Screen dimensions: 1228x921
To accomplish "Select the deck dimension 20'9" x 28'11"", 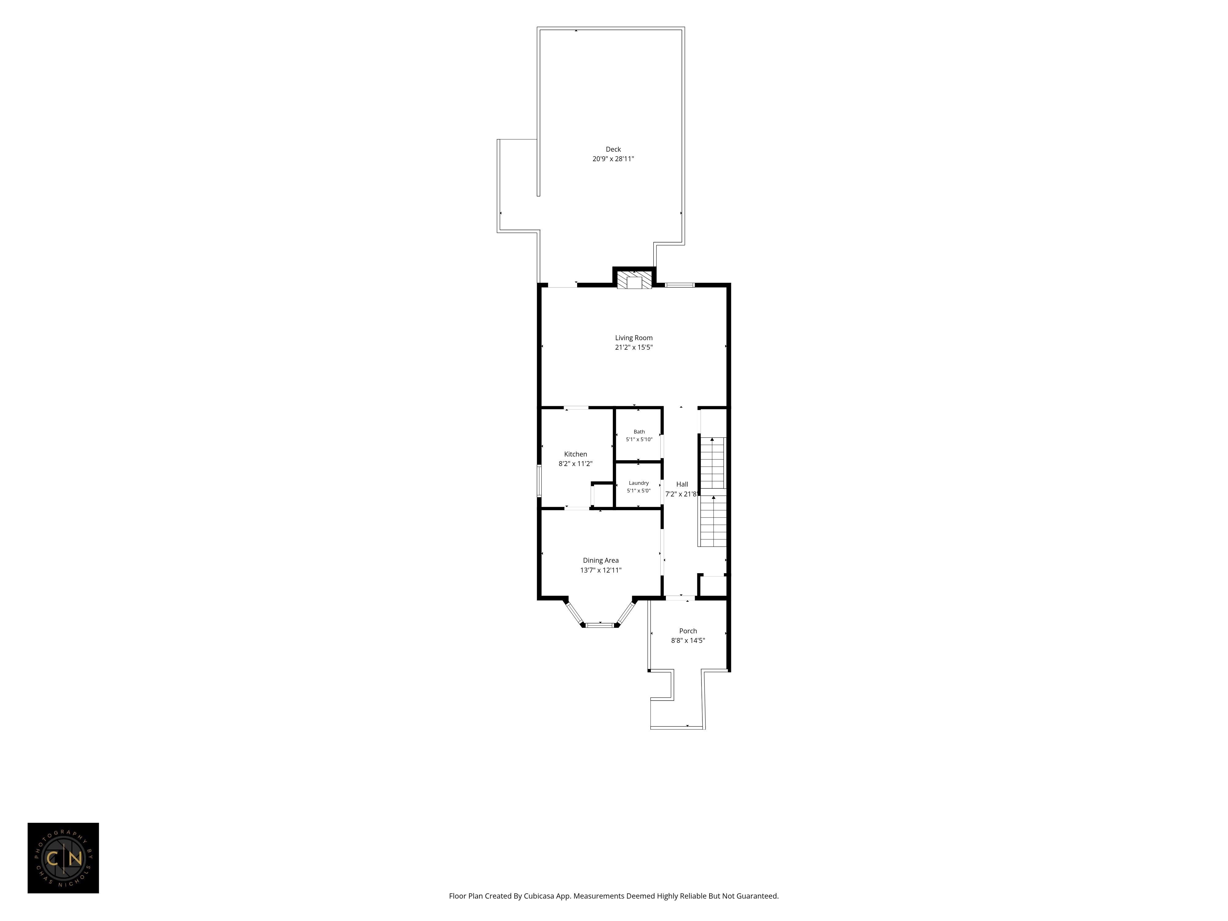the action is pos(613,159).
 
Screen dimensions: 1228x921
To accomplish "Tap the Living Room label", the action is pos(633,337).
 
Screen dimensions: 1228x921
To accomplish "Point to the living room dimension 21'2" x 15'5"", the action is pos(633,348).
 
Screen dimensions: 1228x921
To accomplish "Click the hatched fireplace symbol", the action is pos(634,280).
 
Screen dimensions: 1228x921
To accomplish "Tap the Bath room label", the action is pos(639,431).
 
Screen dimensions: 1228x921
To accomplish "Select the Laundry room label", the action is pos(639,483).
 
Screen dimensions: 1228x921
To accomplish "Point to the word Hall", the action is pos(682,484).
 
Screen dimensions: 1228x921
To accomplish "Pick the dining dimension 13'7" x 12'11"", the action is pos(601,570).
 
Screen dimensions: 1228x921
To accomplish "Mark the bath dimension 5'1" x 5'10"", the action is pos(639,439).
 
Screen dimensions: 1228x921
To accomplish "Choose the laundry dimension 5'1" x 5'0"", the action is pos(639,491).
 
